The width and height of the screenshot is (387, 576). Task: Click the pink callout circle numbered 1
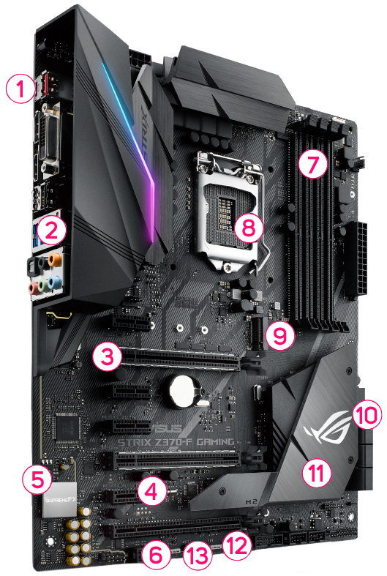20,91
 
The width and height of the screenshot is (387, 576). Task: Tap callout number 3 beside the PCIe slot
107,357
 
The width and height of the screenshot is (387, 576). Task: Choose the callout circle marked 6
154,553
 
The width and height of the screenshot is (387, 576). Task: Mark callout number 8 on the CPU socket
249,228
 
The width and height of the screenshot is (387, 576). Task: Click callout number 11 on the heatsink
316,472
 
